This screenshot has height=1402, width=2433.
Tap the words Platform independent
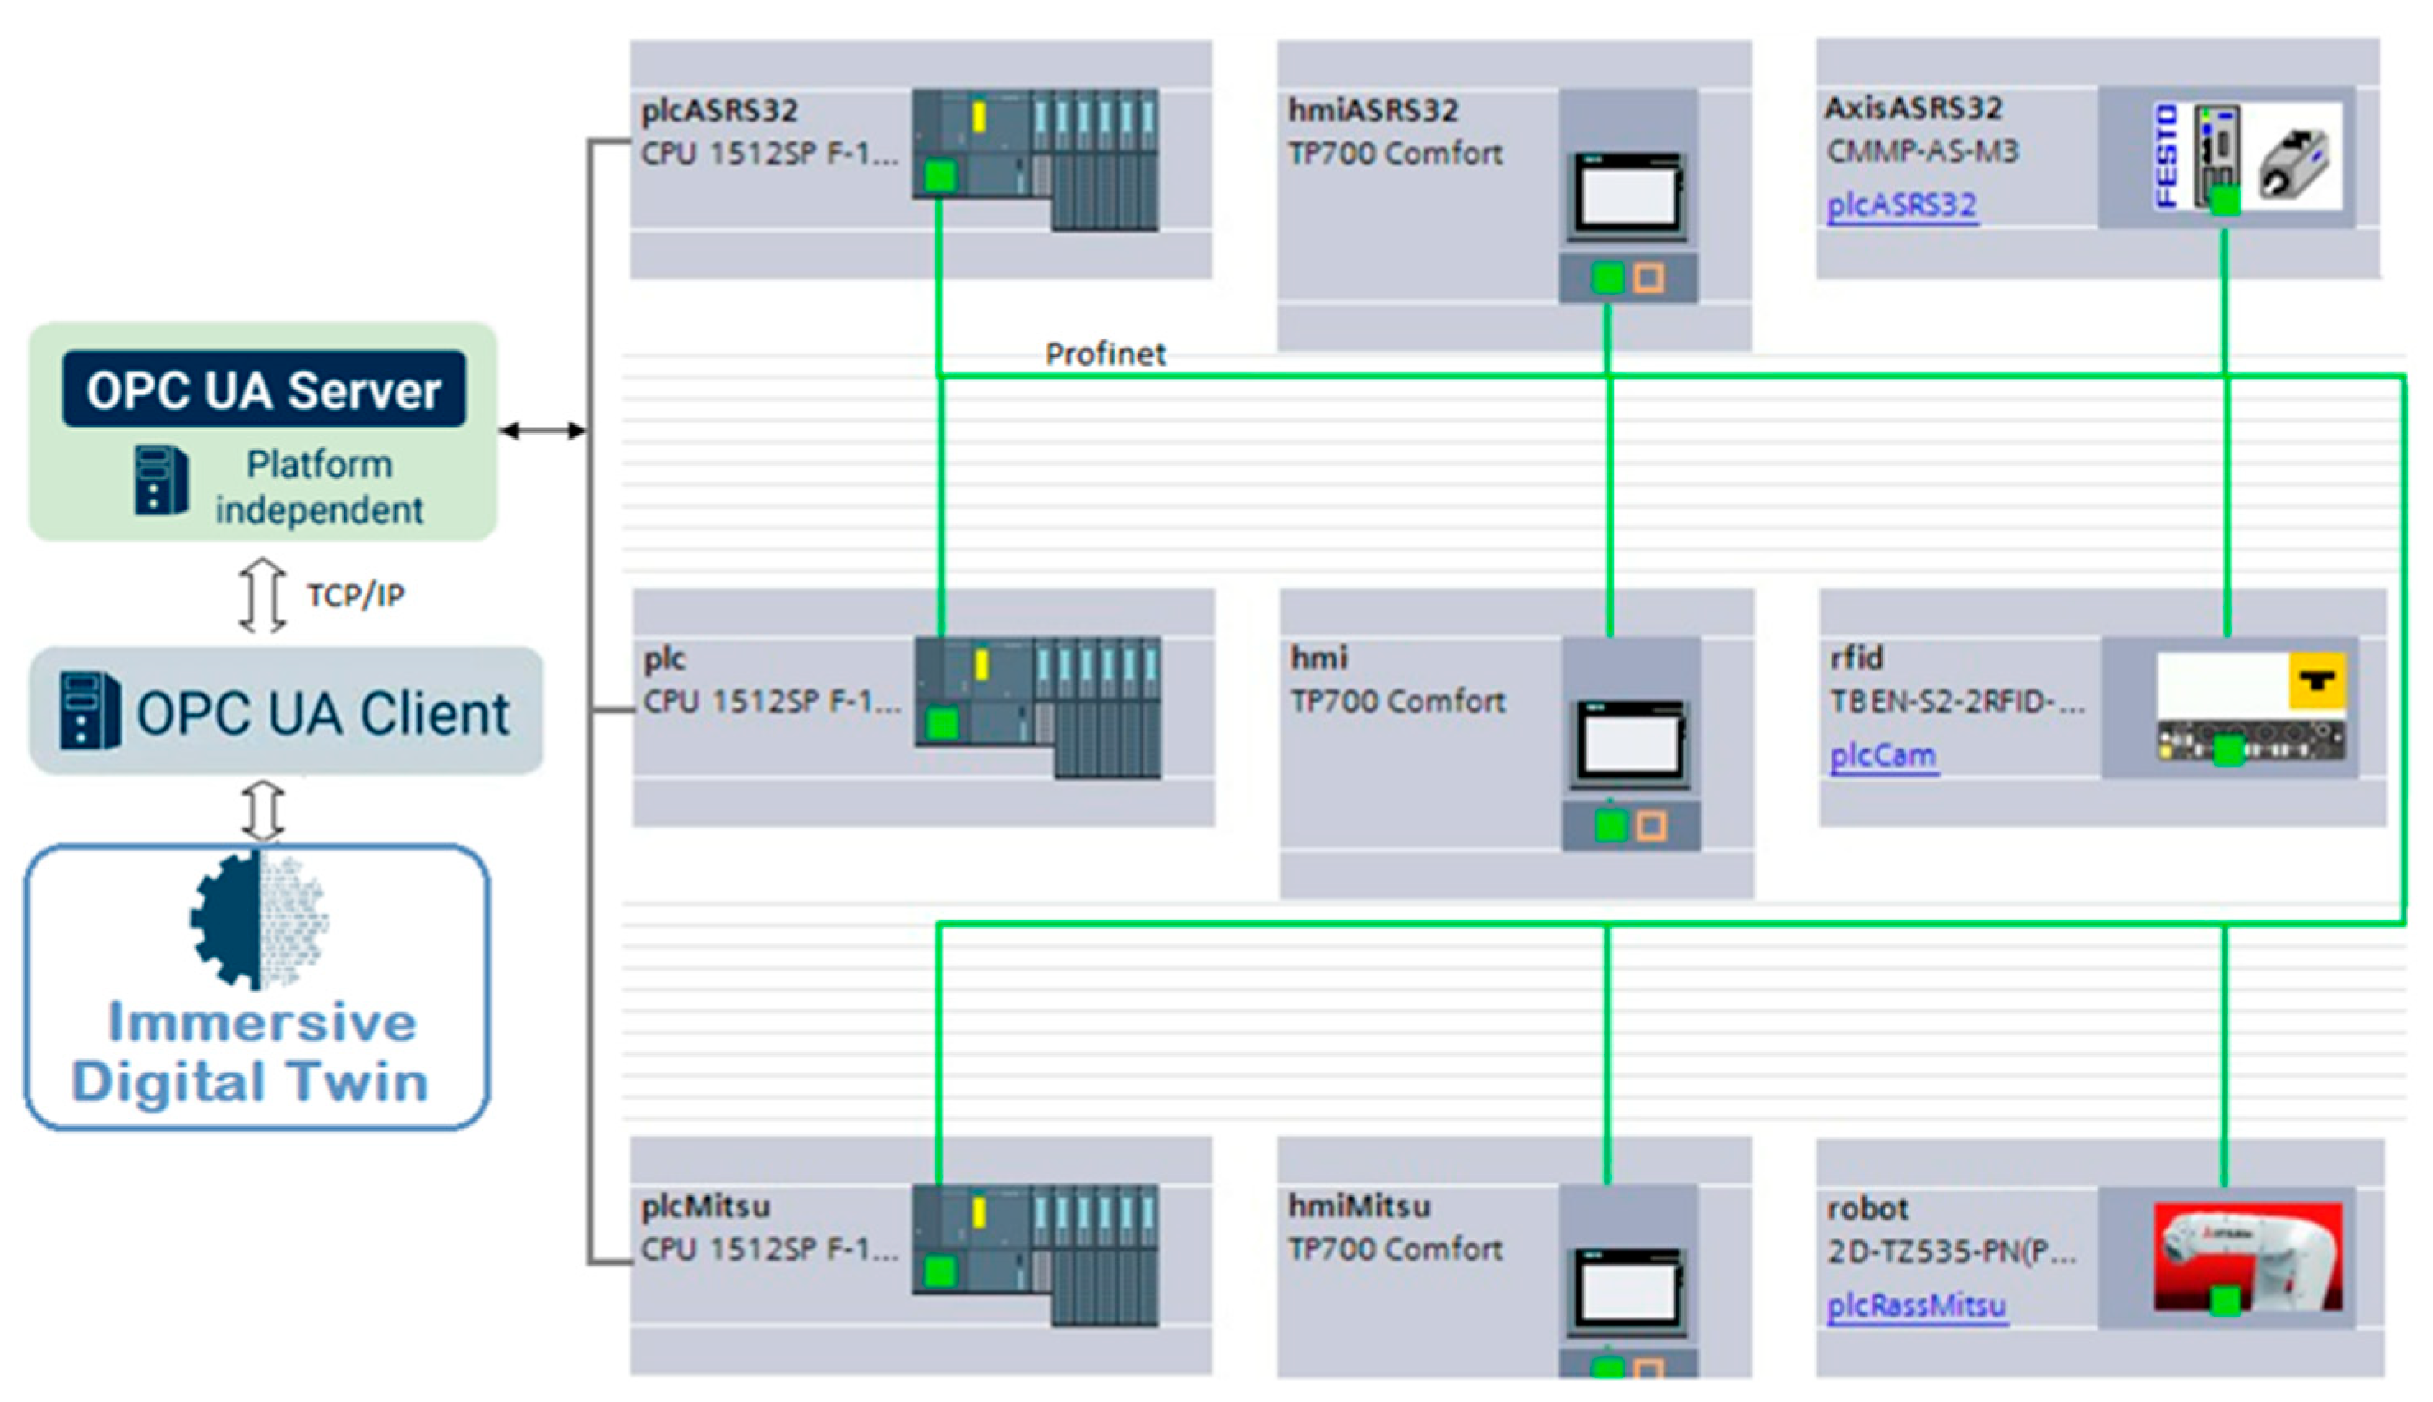(319, 487)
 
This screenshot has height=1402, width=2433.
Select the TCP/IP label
(355, 595)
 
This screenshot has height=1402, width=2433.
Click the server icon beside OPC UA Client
(89, 711)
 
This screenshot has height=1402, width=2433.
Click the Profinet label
(1105, 353)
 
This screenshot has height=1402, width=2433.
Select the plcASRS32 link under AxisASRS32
(1901, 205)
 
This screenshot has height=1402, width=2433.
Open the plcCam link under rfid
(1882, 755)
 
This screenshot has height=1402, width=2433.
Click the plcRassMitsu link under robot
(1916, 1306)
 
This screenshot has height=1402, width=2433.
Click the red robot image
(2247, 1256)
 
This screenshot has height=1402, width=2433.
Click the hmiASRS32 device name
(1373, 111)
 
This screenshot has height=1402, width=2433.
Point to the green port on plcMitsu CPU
(939, 1271)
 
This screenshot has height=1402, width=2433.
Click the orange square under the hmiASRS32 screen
(1648, 279)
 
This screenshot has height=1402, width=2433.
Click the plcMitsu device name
(706, 1206)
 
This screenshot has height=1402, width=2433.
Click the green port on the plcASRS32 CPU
(939, 176)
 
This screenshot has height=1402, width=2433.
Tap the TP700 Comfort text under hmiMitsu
(1394, 1249)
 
